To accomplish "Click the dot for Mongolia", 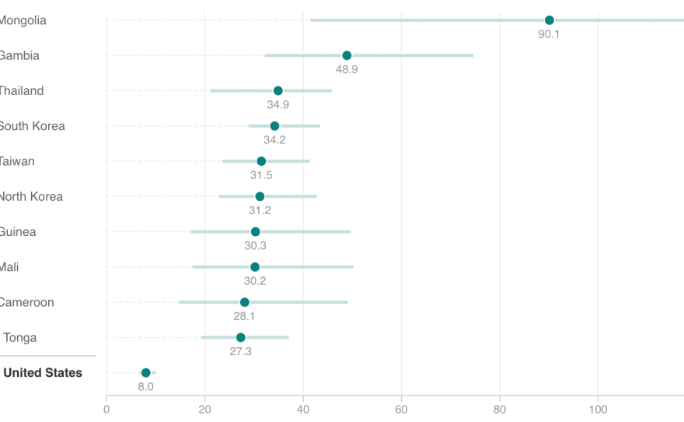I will point(549,20).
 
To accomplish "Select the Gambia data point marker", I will point(347,55).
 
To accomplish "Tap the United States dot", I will point(145,373).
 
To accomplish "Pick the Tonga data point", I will point(240,337).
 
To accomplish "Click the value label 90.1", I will point(549,34).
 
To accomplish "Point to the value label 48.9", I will point(347,69).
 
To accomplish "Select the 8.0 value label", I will point(145,386).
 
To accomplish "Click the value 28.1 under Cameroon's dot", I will point(244,316).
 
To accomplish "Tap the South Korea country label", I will point(31,126).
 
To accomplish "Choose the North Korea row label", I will point(30,196).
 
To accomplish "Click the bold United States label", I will point(43,373).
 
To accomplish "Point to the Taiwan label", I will point(16,161).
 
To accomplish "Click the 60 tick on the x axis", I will point(401,408).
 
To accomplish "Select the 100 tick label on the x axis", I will point(598,408).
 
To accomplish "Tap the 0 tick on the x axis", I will point(106,408).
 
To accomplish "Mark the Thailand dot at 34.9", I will point(277,91).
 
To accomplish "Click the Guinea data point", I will point(255,232).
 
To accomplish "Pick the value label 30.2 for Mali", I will point(255,281).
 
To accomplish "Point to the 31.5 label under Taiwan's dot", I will point(261,175).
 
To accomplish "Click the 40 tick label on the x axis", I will point(303,408).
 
